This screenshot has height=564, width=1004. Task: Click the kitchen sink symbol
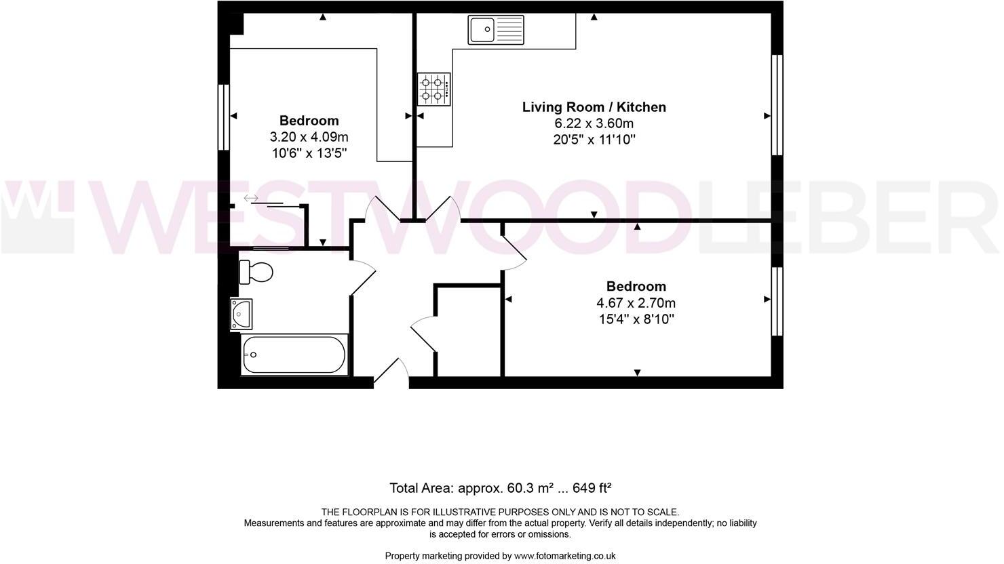496,30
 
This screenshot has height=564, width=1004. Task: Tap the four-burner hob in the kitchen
434,89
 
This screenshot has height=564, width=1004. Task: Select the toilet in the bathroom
256,272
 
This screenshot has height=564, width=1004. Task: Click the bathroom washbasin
241,314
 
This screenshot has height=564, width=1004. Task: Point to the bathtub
294,355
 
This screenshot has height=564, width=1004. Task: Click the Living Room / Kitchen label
594,107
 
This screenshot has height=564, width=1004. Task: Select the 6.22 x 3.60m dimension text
594,123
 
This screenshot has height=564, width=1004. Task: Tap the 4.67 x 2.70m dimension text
636,303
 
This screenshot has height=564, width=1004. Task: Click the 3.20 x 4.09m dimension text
309,138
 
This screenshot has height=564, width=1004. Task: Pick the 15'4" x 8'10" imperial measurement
636,319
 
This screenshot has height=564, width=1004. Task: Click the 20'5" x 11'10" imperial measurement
594,140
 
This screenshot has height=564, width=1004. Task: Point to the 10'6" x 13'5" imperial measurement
309,154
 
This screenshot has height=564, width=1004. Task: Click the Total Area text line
501,488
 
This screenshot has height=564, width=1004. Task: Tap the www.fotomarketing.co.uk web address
564,556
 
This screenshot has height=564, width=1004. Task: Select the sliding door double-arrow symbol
251,198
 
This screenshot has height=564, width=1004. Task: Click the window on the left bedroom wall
223,117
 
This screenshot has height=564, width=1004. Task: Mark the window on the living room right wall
777,105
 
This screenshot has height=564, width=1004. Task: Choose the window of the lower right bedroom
777,301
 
